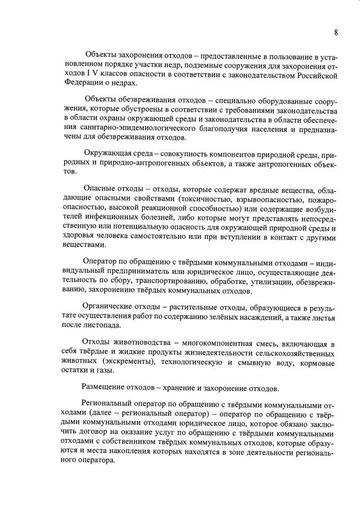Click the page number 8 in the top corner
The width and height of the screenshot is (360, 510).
click(x=336, y=32)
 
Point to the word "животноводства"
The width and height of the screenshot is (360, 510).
click(x=139, y=344)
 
